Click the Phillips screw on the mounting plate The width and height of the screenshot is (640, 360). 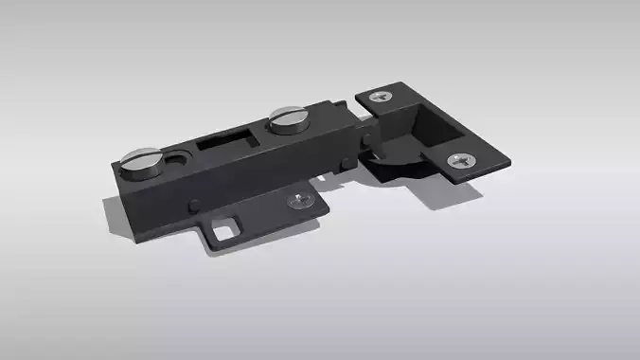click(x=301, y=200)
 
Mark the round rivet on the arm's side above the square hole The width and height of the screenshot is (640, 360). click(x=194, y=202)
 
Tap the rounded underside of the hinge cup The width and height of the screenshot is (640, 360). click(x=388, y=171)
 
